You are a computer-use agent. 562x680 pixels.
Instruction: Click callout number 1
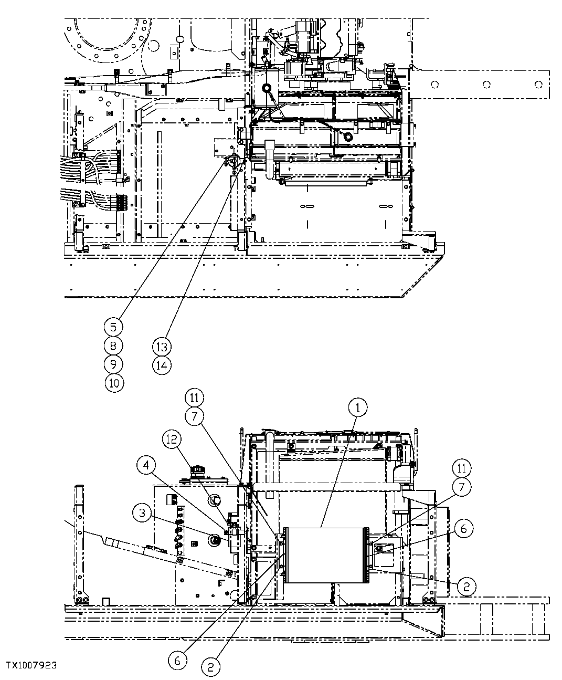click(358, 407)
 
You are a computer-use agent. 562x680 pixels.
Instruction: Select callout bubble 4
click(147, 465)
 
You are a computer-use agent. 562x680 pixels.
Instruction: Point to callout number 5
click(113, 327)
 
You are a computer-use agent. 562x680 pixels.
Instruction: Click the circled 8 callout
click(113, 346)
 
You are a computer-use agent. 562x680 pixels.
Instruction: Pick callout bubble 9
click(113, 364)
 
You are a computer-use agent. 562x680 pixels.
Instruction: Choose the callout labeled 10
click(113, 383)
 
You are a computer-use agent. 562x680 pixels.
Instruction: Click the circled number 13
click(162, 346)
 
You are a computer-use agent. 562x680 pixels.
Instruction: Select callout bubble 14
click(162, 364)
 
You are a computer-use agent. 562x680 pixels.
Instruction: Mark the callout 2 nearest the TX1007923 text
click(211, 667)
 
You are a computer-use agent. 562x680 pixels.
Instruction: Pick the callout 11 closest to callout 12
click(194, 397)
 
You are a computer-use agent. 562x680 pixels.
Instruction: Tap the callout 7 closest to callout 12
click(194, 416)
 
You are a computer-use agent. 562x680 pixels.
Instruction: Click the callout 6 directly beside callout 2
click(177, 661)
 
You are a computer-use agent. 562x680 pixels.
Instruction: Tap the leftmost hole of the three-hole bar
click(435, 84)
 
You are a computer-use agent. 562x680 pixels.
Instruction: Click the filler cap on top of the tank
click(199, 469)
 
